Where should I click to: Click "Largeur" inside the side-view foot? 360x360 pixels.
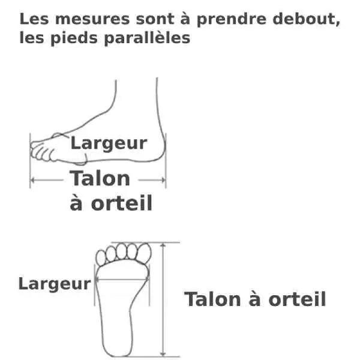click(109, 143)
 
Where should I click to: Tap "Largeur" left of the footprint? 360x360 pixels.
click(54, 283)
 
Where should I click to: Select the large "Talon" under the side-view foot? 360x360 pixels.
click(100, 178)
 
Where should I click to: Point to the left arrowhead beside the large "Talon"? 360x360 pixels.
click(34, 179)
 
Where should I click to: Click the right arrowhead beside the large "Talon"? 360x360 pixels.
click(162, 179)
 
